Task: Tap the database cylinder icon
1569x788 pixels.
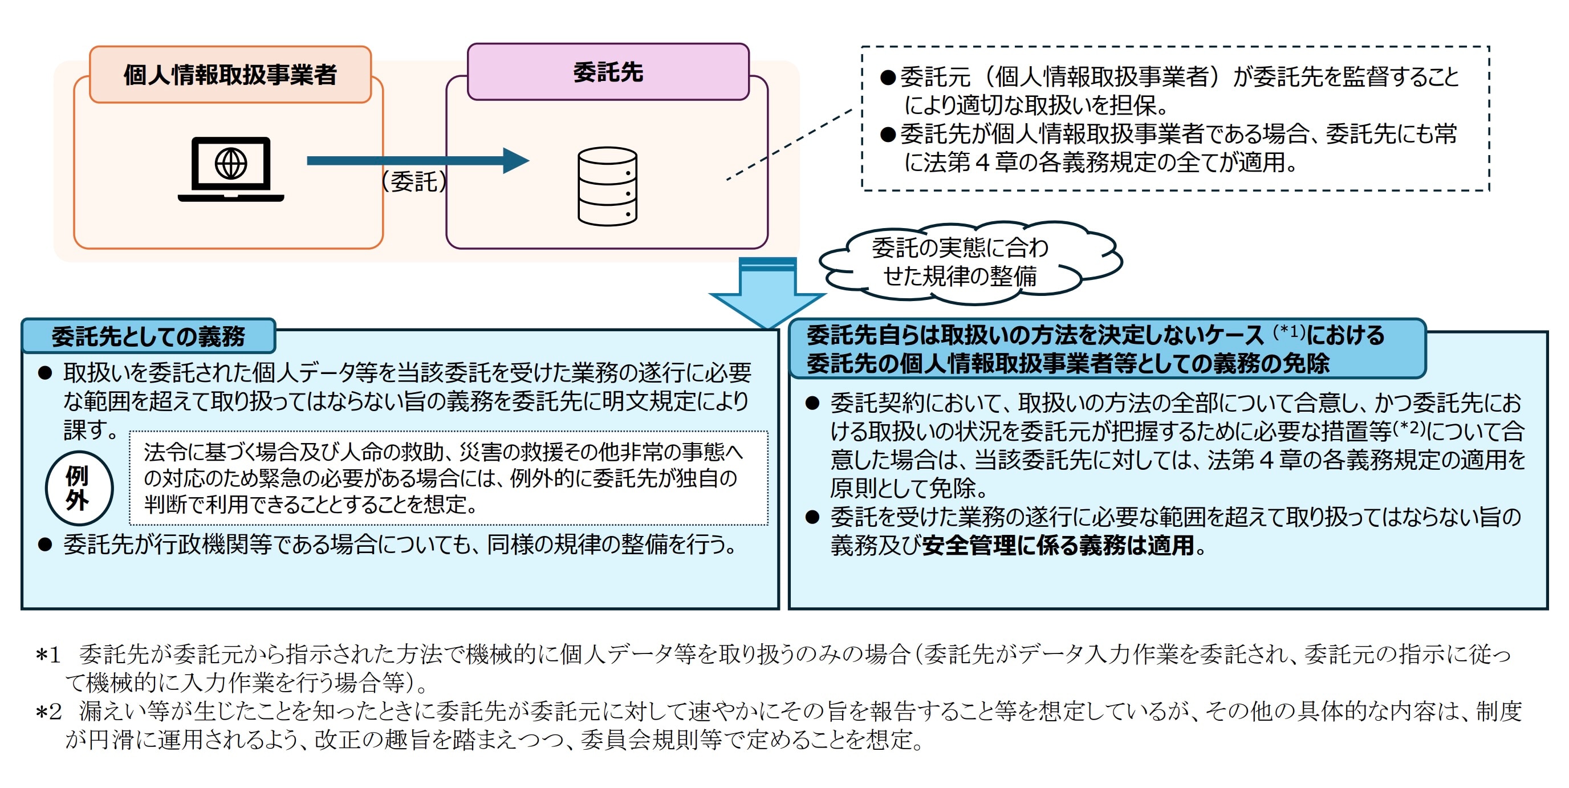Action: (607, 186)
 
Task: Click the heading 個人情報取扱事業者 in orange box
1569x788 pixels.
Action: (230, 75)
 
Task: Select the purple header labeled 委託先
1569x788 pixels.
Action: (607, 72)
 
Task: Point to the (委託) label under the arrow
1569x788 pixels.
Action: (413, 181)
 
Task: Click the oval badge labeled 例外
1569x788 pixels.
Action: (79, 488)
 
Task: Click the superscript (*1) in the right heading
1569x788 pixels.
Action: (1289, 331)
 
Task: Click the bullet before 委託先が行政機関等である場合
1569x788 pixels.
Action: (44, 545)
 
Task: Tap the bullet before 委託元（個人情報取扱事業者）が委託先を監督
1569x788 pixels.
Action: (888, 78)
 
